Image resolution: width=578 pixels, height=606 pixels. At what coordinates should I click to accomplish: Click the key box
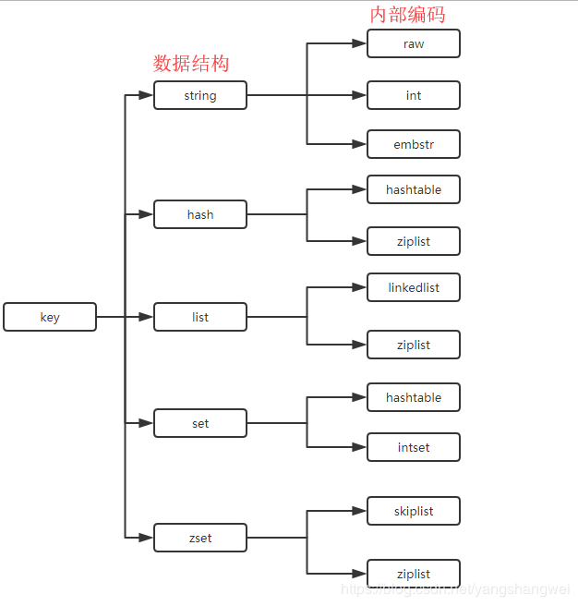pyautogui.click(x=50, y=317)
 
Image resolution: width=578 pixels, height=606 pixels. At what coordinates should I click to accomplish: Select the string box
pyautogui.click(x=200, y=95)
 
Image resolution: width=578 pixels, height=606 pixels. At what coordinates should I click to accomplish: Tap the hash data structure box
pyautogui.click(x=200, y=214)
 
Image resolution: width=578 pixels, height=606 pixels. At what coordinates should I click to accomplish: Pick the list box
pyautogui.click(x=200, y=317)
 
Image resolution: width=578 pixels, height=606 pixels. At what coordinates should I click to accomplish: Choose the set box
pyautogui.click(x=200, y=423)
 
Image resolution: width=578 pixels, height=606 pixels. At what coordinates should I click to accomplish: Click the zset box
pyautogui.click(x=200, y=538)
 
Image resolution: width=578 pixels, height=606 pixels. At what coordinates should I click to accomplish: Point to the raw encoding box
pyautogui.click(x=414, y=43)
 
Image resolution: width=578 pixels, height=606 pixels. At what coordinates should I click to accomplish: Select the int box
pyautogui.click(x=414, y=95)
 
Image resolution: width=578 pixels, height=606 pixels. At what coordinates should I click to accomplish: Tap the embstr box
pyautogui.click(x=414, y=144)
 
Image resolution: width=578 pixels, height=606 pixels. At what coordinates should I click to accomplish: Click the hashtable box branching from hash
pyautogui.click(x=414, y=189)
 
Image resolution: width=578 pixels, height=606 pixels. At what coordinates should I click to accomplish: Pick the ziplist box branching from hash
pyautogui.click(x=414, y=241)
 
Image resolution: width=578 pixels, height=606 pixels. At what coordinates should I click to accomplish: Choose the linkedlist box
pyautogui.click(x=414, y=287)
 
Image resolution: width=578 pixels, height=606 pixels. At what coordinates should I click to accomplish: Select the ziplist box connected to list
pyautogui.click(x=414, y=345)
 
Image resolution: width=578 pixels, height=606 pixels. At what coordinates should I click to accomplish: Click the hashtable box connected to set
pyautogui.click(x=414, y=397)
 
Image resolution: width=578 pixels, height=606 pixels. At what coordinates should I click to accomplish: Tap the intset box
pyautogui.click(x=414, y=447)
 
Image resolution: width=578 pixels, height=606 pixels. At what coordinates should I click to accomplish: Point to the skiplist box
pyautogui.click(x=414, y=511)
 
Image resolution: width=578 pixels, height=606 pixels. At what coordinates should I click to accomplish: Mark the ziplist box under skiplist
pyautogui.click(x=414, y=574)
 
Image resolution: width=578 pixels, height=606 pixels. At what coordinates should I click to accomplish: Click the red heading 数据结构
pyautogui.click(x=191, y=64)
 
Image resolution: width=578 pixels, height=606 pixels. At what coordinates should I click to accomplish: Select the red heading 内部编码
pyautogui.click(x=408, y=14)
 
